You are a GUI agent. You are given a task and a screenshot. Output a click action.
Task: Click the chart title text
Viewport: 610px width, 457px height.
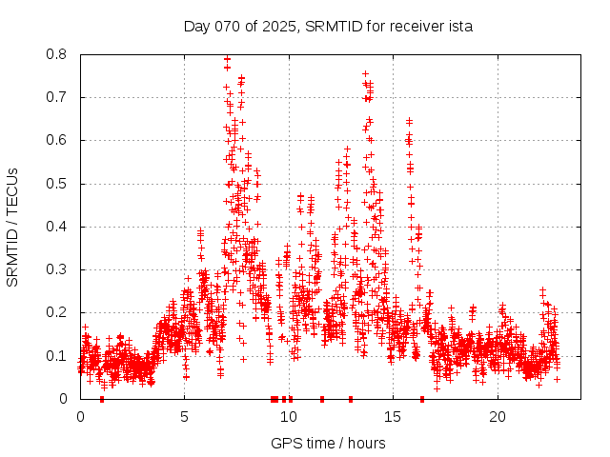pyautogui.click(x=328, y=26)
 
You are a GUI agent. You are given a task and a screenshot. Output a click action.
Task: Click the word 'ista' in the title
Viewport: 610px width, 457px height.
pyautogui.click(x=459, y=26)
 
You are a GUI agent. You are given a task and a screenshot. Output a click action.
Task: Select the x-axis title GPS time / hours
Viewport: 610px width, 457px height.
pyautogui.click(x=328, y=443)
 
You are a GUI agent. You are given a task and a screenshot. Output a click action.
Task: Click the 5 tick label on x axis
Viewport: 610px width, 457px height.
pyautogui.click(x=185, y=417)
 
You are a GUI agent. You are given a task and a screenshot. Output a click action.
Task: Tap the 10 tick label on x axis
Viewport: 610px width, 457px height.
pyautogui.click(x=289, y=417)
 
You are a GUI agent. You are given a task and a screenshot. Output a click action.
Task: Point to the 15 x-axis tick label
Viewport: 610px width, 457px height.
pyautogui.click(x=394, y=417)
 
